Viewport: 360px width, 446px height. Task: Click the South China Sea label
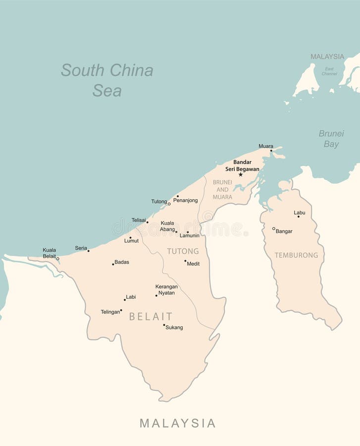107,80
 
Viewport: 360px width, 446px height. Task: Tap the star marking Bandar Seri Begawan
241,174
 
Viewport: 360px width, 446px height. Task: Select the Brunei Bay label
331,139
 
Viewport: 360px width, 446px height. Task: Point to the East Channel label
329,71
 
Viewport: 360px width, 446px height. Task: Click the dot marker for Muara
271,151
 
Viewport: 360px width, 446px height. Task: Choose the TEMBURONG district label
296,255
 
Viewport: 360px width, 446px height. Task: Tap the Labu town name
300,213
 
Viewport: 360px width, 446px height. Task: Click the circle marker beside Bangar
273,228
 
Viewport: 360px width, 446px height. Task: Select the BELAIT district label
151,316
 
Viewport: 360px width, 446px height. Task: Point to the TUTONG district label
183,251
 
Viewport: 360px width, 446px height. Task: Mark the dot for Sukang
164,325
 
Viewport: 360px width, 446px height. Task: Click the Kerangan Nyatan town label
166,289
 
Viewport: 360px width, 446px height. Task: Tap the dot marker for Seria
89,251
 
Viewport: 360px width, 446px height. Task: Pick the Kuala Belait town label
49,253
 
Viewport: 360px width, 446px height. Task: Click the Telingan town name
110,312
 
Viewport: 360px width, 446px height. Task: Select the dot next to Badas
113,264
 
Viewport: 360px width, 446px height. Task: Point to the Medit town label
193,264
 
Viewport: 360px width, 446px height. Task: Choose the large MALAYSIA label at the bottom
177,423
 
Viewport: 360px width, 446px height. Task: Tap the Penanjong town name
186,200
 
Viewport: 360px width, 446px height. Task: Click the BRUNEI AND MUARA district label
222,189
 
